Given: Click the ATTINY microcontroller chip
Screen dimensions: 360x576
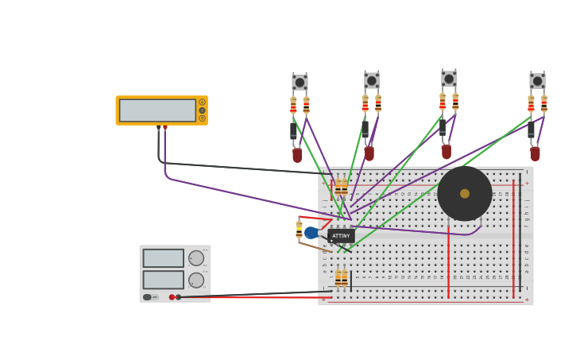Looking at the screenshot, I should coord(341,236).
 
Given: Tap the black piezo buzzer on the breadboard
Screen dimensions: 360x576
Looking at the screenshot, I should coord(465,193).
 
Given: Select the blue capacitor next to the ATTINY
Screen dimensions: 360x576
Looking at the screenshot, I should coord(311,233).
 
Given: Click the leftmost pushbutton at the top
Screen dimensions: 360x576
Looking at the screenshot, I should coord(300,82).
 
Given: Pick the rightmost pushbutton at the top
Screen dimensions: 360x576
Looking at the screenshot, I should coord(538,81).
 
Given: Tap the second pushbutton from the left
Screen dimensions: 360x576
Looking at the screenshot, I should coord(372,80).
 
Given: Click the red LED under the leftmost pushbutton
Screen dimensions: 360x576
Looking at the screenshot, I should coord(297,154).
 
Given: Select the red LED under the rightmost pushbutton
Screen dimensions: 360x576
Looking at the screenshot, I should coord(535,153).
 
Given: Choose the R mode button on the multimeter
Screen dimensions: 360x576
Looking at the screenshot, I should coord(203,118).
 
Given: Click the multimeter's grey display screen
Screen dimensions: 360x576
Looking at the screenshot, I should coord(157,110).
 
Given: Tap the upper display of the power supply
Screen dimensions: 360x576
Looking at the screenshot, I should coord(163,258).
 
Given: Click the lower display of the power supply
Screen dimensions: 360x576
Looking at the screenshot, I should coord(163,280).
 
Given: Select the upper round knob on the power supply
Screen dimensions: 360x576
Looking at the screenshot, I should coord(196,258).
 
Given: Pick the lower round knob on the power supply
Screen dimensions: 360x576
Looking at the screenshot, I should coord(196,280).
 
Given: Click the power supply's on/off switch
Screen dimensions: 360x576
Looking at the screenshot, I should coord(149,297).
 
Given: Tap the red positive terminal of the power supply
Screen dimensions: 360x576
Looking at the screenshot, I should coord(172,297).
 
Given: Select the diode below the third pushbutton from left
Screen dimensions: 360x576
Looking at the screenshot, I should coord(443,127).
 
